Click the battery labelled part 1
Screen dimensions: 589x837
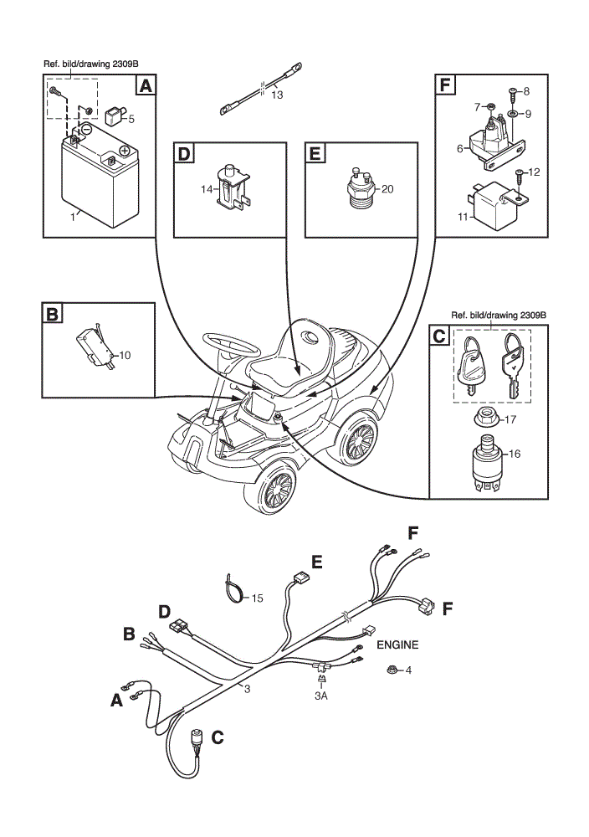100,176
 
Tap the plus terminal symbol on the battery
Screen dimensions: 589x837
125,151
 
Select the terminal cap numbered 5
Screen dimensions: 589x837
115,116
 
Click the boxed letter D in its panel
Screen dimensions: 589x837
183,154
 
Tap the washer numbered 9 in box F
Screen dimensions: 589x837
512,114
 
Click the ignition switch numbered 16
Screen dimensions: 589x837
488,462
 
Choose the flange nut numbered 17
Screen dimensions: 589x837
487,416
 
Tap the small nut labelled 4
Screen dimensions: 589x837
393,669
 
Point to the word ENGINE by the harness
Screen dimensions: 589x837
397,644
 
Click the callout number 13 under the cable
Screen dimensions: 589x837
277,95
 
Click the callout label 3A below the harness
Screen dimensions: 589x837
320,696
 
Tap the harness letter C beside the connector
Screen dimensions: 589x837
218,737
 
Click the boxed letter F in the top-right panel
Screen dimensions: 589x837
445,85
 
